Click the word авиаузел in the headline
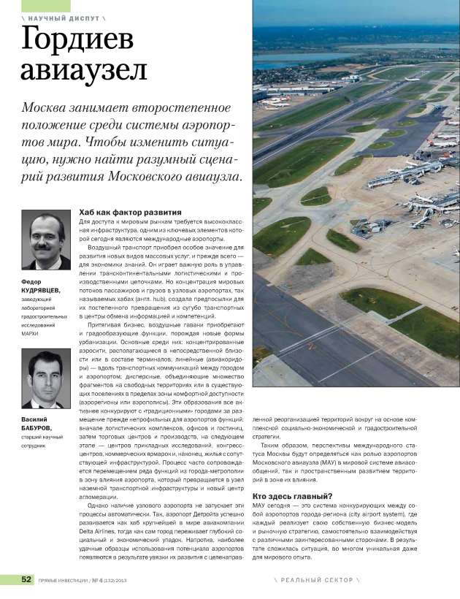pyautogui.click(x=84, y=71)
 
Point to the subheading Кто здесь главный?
pyautogui.click(x=292, y=496)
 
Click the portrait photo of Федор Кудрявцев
pyautogui.click(x=46, y=240)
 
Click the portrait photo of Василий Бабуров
pyautogui.click(x=45, y=378)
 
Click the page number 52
pyautogui.click(x=26, y=579)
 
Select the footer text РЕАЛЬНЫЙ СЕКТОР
pyautogui.click(x=313, y=580)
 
